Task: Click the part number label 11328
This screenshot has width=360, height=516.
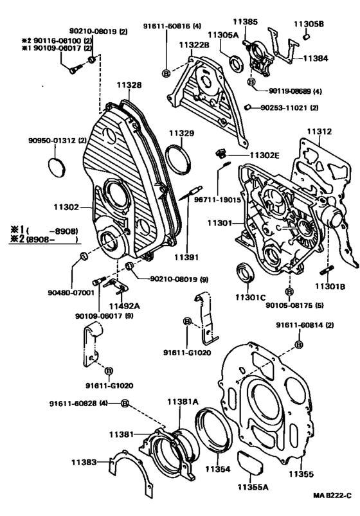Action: pos(129,85)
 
